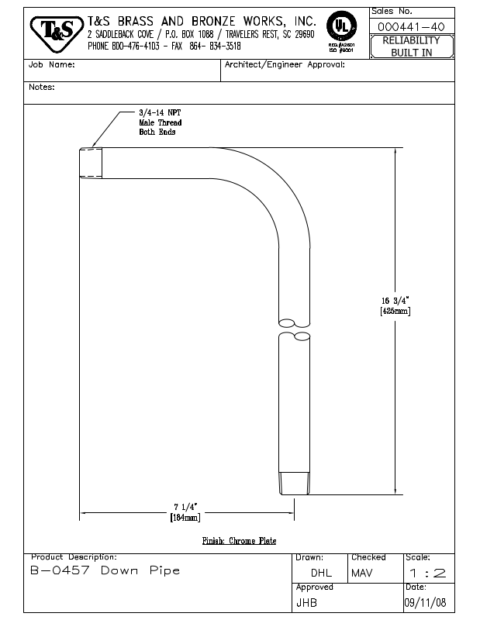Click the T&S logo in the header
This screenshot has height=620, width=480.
(57, 32)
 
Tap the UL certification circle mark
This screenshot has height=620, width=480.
(340, 26)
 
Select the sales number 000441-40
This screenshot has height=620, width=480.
(411, 27)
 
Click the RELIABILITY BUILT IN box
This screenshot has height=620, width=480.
(411, 46)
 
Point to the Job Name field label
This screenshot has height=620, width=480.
(52, 65)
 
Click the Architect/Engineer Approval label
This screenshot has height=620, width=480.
(285, 65)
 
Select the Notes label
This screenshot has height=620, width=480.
(42, 88)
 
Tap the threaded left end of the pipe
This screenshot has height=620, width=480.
(92, 163)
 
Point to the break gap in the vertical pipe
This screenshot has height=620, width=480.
(295, 329)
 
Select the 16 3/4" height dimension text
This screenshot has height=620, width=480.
(395, 301)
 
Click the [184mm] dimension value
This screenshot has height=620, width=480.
(185, 518)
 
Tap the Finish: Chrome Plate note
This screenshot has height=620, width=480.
(239, 541)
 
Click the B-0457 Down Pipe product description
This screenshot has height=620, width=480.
(105, 571)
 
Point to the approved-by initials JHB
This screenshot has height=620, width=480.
(306, 602)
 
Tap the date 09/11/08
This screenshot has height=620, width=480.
(425, 602)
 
